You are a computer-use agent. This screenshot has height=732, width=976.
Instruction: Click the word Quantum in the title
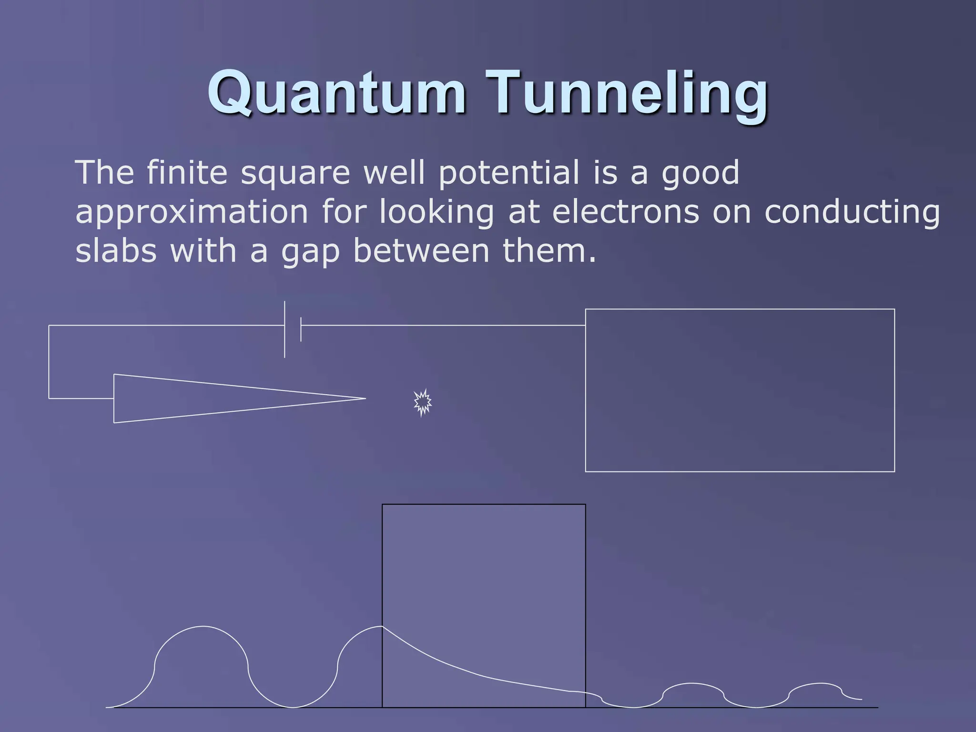[x=336, y=92]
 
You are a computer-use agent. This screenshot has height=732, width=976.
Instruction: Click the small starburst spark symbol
[x=422, y=403]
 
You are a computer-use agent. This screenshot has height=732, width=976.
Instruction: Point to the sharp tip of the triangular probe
[x=364, y=398]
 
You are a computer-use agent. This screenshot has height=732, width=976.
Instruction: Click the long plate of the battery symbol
[x=285, y=329]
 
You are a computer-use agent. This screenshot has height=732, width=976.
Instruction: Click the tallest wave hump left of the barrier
[x=203, y=627]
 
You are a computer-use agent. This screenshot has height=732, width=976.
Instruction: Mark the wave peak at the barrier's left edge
[x=381, y=627]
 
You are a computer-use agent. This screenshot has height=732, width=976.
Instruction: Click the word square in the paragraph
[x=295, y=173]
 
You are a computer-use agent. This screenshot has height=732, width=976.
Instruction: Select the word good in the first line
[x=700, y=173]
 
